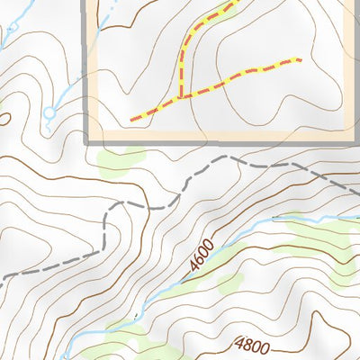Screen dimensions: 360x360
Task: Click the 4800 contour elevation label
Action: pos(253,343)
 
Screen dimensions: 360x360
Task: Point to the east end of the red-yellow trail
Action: pos(299,60)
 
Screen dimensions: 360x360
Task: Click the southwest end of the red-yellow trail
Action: pos(133,118)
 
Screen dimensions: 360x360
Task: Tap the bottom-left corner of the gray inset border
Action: pos(89,141)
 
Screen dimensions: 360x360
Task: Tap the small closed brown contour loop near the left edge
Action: pos(2,117)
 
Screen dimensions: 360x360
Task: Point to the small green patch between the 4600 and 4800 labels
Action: pos(229,286)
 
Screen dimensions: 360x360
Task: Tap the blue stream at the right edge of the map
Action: pos(356,219)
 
